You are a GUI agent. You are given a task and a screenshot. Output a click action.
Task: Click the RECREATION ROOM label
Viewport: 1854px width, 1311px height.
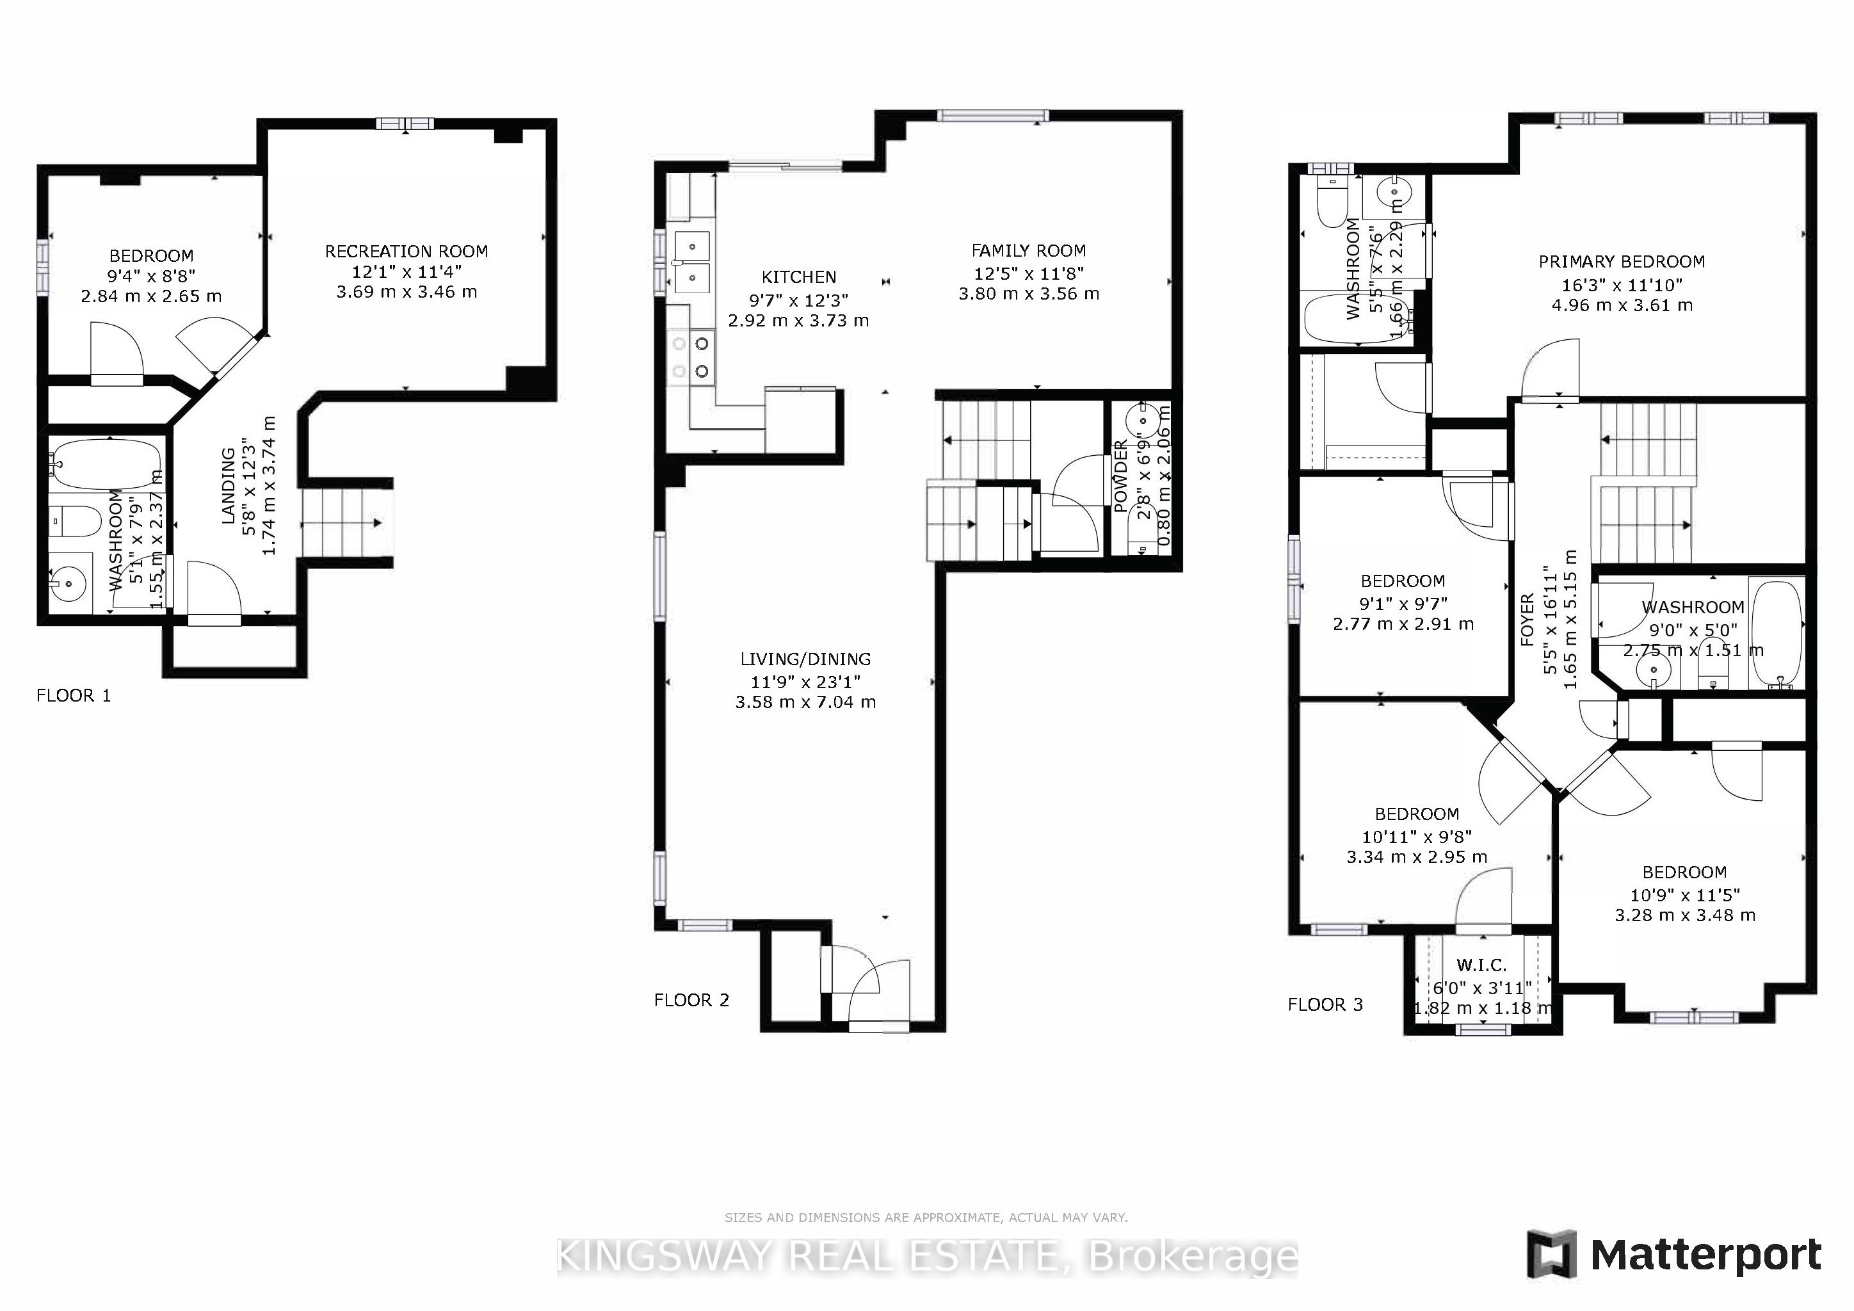(406, 252)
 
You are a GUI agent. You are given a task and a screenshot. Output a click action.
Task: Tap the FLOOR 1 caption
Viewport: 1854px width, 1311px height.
(74, 696)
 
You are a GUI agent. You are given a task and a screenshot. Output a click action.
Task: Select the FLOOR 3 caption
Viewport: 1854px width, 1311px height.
(1325, 1005)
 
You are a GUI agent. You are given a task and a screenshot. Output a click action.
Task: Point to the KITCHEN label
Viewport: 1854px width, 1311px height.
(798, 278)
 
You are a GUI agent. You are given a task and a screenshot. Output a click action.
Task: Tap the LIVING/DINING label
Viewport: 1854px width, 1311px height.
(805, 659)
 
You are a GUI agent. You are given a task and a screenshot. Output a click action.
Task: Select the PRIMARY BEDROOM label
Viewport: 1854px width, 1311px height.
(1622, 262)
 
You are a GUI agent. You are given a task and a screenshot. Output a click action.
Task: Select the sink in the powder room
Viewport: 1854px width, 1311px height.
(1145, 420)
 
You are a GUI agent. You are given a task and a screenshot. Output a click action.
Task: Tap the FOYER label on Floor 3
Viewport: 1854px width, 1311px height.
(1527, 620)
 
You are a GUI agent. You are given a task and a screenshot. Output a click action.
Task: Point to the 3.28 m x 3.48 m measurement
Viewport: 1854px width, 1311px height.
(1684, 915)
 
